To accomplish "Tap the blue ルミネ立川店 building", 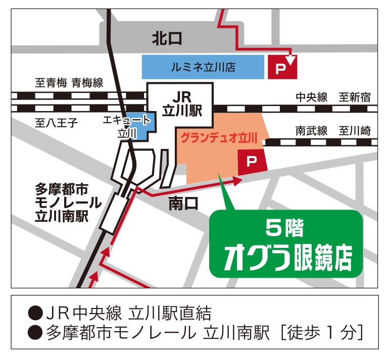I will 203,66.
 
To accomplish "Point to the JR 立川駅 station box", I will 180,105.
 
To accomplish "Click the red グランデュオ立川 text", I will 219,136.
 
